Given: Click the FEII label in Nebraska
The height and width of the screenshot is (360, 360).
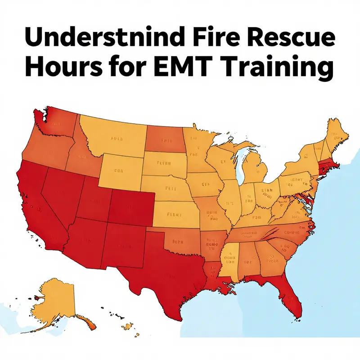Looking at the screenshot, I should [171, 189].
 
